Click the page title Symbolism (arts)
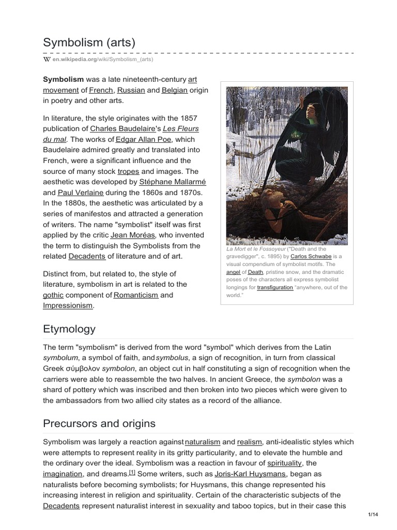point(89,42)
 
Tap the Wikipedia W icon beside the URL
point(46,60)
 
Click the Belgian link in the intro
point(174,90)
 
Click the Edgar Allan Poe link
point(147,139)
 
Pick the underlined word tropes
point(128,171)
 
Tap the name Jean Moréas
point(134,235)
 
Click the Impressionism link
point(68,305)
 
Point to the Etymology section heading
point(69,329)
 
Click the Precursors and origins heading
point(99,423)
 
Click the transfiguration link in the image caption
point(274,287)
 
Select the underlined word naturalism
point(202,441)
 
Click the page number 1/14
point(373,514)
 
